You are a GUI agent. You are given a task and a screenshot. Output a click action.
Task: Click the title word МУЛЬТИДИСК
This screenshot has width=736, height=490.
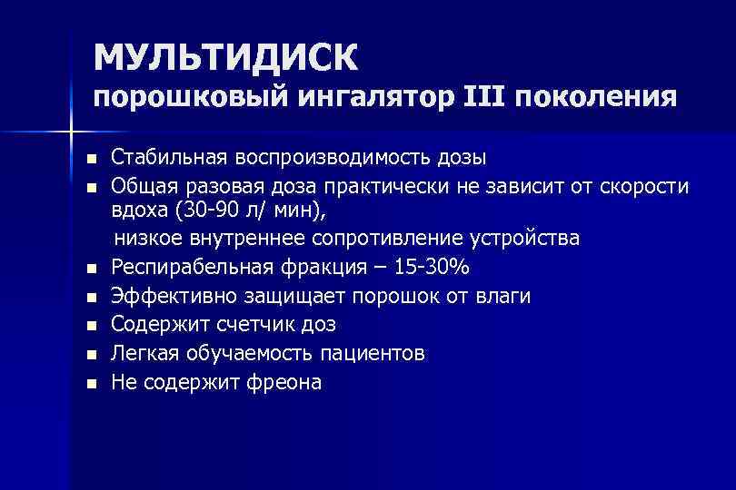coord(225,56)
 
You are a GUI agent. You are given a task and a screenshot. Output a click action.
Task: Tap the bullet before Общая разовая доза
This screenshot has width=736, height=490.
coord(91,187)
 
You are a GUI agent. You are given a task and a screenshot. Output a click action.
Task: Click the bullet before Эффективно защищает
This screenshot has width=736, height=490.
coord(91,297)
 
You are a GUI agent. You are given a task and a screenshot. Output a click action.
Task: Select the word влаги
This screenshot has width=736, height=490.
coord(504,296)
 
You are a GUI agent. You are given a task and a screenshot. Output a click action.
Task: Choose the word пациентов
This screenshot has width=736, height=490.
coord(373,353)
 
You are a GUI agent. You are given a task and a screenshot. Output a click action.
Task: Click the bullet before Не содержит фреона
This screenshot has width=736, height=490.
coord(91,383)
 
